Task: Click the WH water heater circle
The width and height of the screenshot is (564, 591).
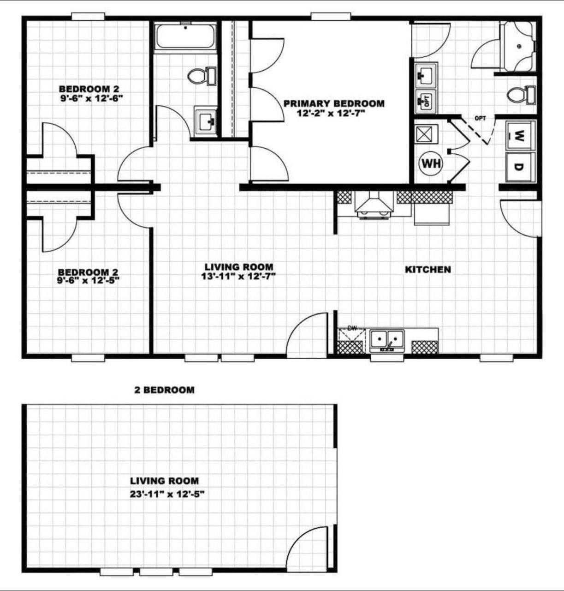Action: pyautogui.click(x=431, y=164)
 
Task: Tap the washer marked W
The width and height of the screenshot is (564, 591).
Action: pyautogui.click(x=520, y=135)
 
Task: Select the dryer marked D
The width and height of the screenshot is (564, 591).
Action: pyautogui.click(x=520, y=167)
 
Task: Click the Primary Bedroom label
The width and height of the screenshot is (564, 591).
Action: pyautogui.click(x=334, y=103)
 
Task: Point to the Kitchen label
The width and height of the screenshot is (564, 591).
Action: pyautogui.click(x=428, y=269)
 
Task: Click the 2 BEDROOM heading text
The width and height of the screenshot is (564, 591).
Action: pyautogui.click(x=165, y=390)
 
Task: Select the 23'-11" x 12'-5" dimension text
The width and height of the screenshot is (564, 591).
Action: pyautogui.click(x=167, y=494)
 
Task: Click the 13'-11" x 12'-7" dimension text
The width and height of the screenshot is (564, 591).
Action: pyautogui.click(x=238, y=277)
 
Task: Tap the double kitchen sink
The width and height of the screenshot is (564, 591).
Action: pyautogui.click(x=387, y=340)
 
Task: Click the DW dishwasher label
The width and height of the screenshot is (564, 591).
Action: pyautogui.click(x=352, y=328)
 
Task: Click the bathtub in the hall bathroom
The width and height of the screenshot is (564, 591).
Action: pyautogui.click(x=185, y=36)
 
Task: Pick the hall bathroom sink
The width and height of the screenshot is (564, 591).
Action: pyautogui.click(x=206, y=121)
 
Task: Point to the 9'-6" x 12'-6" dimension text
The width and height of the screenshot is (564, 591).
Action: pyautogui.click(x=91, y=98)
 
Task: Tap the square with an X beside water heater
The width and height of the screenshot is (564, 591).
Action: pyautogui.click(x=427, y=134)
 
